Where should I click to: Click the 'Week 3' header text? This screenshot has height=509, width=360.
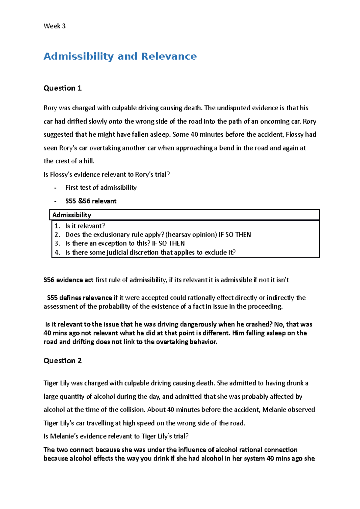click(54, 26)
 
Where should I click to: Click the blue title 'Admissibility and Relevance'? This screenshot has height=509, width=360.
click(120, 56)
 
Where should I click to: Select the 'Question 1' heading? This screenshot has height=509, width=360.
click(62, 88)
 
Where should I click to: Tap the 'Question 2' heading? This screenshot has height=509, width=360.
click(62, 361)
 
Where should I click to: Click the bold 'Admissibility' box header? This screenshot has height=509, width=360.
click(72, 215)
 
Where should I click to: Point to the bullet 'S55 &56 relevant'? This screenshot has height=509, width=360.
click(91, 201)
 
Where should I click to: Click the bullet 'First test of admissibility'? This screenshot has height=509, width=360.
click(101, 188)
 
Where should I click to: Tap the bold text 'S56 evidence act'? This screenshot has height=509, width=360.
click(68, 280)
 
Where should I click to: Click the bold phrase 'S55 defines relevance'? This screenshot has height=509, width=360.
click(79, 298)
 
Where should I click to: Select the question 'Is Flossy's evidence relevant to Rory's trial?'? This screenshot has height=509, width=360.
click(106, 174)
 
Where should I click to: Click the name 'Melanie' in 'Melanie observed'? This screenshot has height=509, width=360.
click(274, 410)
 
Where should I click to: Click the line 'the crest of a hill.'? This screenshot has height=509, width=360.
click(69, 161)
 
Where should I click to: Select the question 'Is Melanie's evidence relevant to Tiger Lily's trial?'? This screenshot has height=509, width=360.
click(116, 436)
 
